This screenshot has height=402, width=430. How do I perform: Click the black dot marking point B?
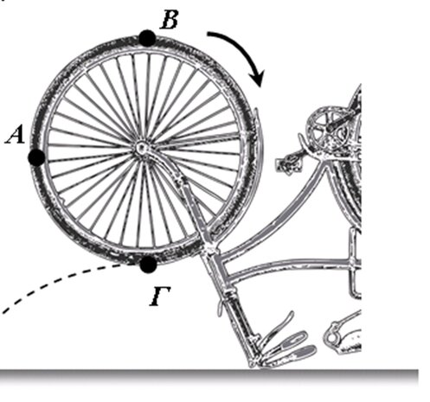click(x=147, y=38)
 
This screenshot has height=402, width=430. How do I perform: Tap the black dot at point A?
click(x=36, y=157)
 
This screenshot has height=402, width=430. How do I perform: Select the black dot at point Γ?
click(x=148, y=264)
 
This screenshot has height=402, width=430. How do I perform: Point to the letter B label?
click(x=169, y=20)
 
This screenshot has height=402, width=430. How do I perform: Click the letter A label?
click(x=16, y=136)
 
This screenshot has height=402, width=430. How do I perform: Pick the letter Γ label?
click(x=160, y=297)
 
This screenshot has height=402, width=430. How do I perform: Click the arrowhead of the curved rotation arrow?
click(x=257, y=78)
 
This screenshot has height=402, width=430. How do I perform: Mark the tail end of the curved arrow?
click(x=208, y=35)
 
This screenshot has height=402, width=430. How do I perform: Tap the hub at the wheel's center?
click(x=141, y=149)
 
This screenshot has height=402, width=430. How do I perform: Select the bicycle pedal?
click(x=288, y=165)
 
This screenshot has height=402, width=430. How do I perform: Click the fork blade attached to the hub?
click(x=176, y=184)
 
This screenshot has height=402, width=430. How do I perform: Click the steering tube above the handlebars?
click(x=236, y=305)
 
